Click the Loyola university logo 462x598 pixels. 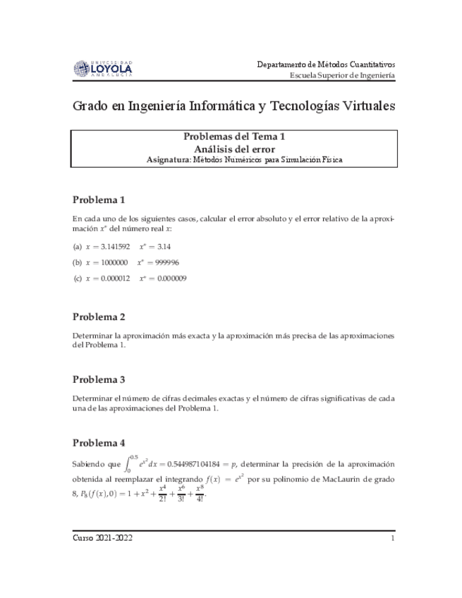coord(102,68)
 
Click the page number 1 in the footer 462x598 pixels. coord(392,538)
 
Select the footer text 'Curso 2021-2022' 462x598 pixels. coord(103,538)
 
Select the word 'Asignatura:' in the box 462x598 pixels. coord(167,160)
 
